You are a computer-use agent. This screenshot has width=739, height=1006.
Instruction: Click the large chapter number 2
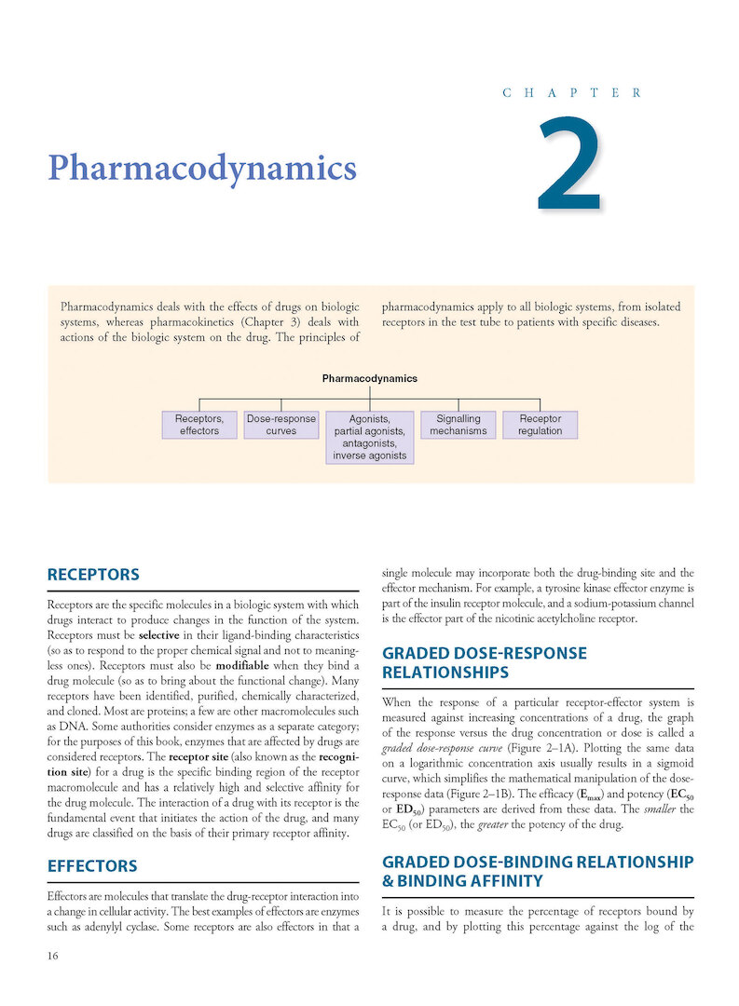tap(569, 165)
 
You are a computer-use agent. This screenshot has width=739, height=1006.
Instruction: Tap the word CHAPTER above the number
tap(571, 93)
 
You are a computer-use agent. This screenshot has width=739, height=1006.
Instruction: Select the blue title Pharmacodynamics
tap(202, 169)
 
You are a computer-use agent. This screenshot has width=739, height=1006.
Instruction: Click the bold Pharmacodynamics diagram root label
tap(369, 379)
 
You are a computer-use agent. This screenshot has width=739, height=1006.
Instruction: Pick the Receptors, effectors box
tap(199, 425)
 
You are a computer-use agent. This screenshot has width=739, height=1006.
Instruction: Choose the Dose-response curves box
tap(281, 425)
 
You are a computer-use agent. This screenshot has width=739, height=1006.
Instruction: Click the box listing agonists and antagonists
tap(369, 438)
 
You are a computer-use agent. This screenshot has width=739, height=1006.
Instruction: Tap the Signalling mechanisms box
tap(458, 425)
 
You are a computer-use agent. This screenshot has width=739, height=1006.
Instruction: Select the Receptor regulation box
tap(541, 425)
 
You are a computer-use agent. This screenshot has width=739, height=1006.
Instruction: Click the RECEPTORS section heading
tap(93, 574)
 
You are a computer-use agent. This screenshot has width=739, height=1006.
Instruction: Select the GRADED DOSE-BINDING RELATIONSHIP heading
tap(538, 870)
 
